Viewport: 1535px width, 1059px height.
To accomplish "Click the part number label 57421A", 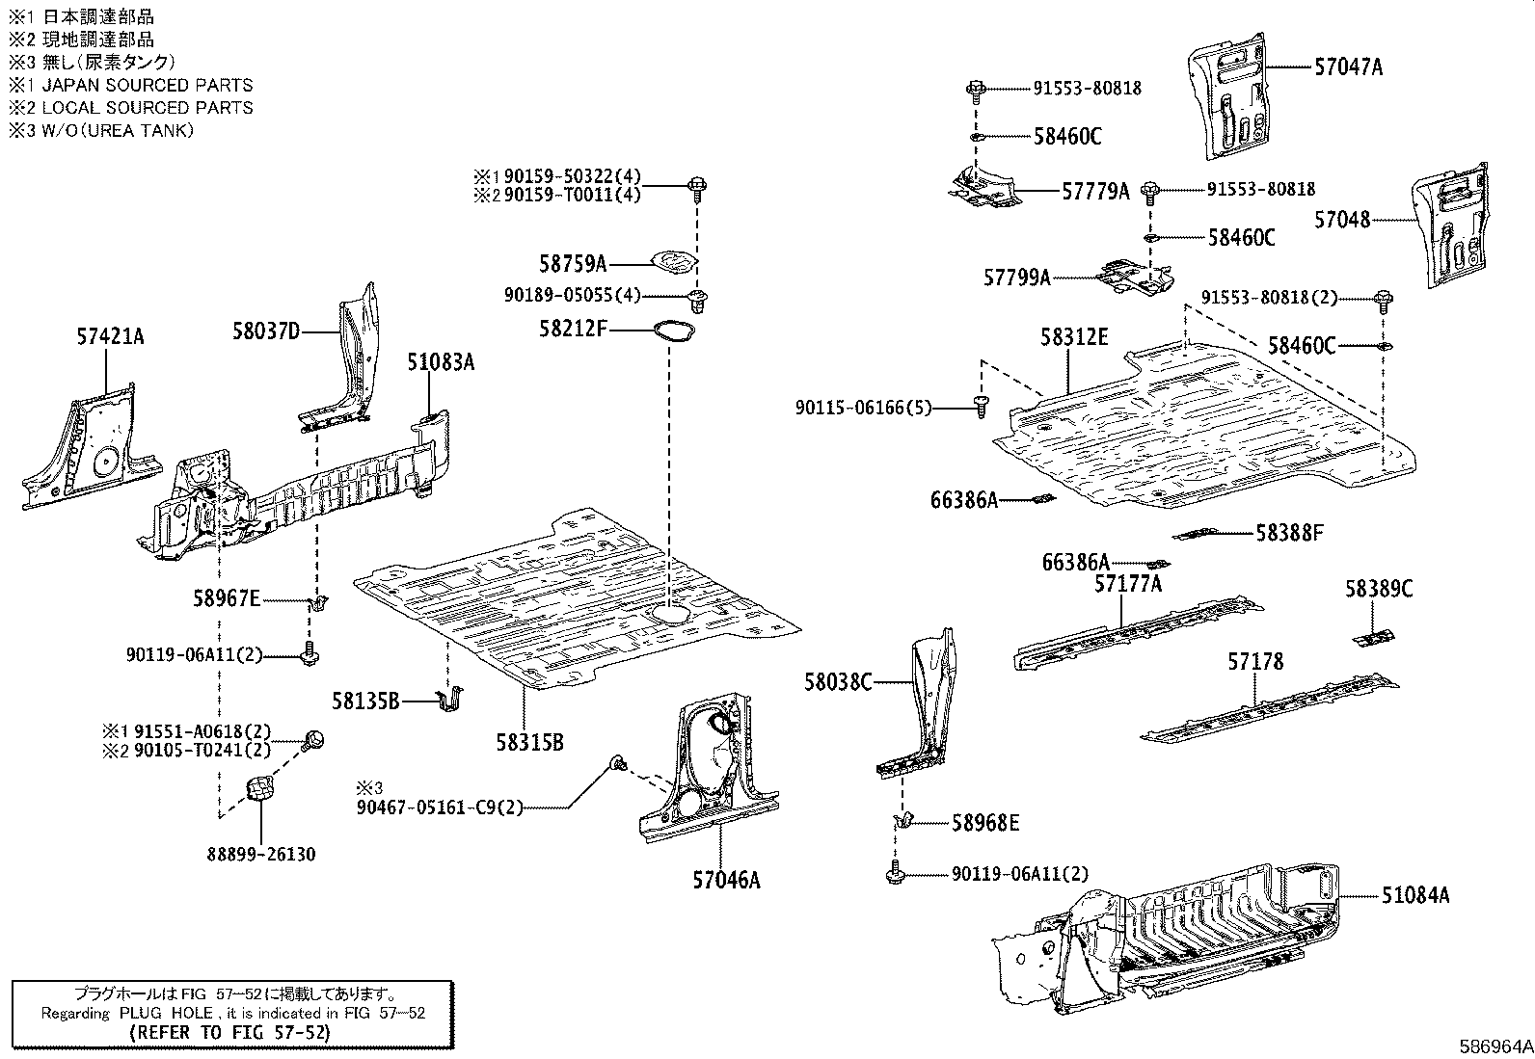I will click(x=110, y=336).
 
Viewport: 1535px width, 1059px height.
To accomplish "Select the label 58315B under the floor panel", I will click(x=529, y=742).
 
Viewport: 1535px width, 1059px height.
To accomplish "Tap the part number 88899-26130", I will click(x=260, y=854).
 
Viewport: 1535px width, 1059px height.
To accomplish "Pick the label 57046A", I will click(x=725, y=880).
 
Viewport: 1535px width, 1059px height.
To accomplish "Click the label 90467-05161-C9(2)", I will click(x=438, y=807).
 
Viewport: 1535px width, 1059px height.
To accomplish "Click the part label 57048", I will click(x=1342, y=220).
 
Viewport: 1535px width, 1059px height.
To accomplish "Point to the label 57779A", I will click(x=1095, y=191).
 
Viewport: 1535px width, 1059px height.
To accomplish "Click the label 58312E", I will click(x=1074, y=337).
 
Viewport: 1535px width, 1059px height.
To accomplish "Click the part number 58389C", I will click(x=1379, y=588).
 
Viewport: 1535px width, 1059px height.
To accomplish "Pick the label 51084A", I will click(x=1414, y=895).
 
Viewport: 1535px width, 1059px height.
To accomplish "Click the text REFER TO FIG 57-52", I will click(x=229, y=1032).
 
